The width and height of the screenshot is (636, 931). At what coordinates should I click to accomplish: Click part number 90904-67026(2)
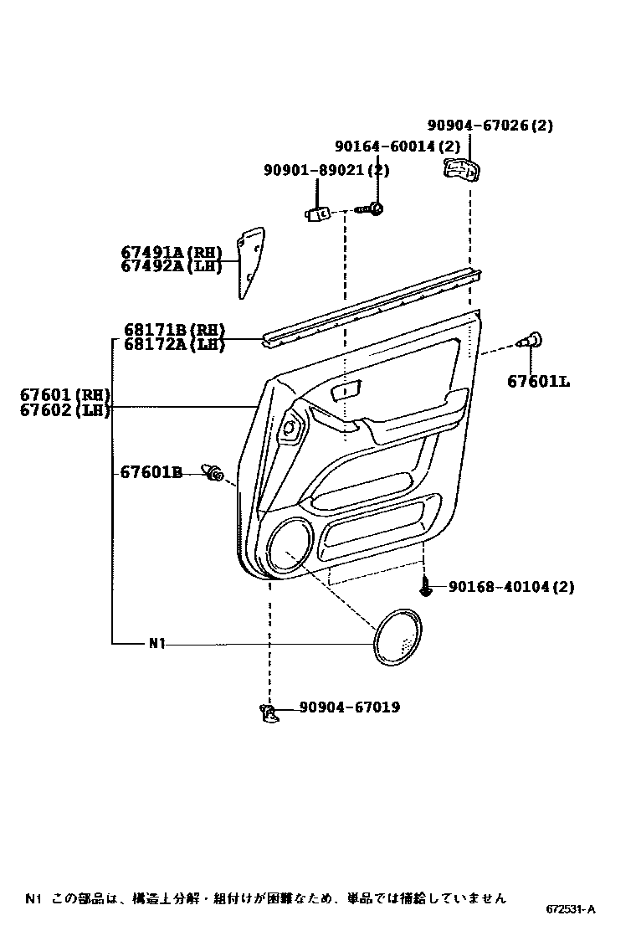pyautogui.click(x=490, y=126)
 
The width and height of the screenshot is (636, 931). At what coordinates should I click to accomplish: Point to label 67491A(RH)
pyautogui.click(x=172, y=252)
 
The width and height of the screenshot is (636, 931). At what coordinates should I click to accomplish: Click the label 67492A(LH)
pyautogui.click(x=172, y=266)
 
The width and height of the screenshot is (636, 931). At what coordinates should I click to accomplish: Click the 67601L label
pyautogui.click(x=538, y=382)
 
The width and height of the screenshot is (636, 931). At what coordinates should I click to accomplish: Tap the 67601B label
pyautogui.click(x=151, y=473)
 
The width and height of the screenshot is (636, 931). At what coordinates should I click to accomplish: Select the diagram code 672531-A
pyautogui.click(x=571, y=909)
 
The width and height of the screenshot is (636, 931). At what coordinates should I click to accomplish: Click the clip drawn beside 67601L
pyautogui.click(x=530, y=340)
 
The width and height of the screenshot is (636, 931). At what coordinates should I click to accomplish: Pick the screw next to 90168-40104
pyautogui.click(x=427, y=588)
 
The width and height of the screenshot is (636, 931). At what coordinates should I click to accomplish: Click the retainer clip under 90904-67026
pyautogui.click(x=460, y=170)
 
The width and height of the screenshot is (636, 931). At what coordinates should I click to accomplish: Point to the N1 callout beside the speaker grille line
pyautogui.click(x=158, y=644)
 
